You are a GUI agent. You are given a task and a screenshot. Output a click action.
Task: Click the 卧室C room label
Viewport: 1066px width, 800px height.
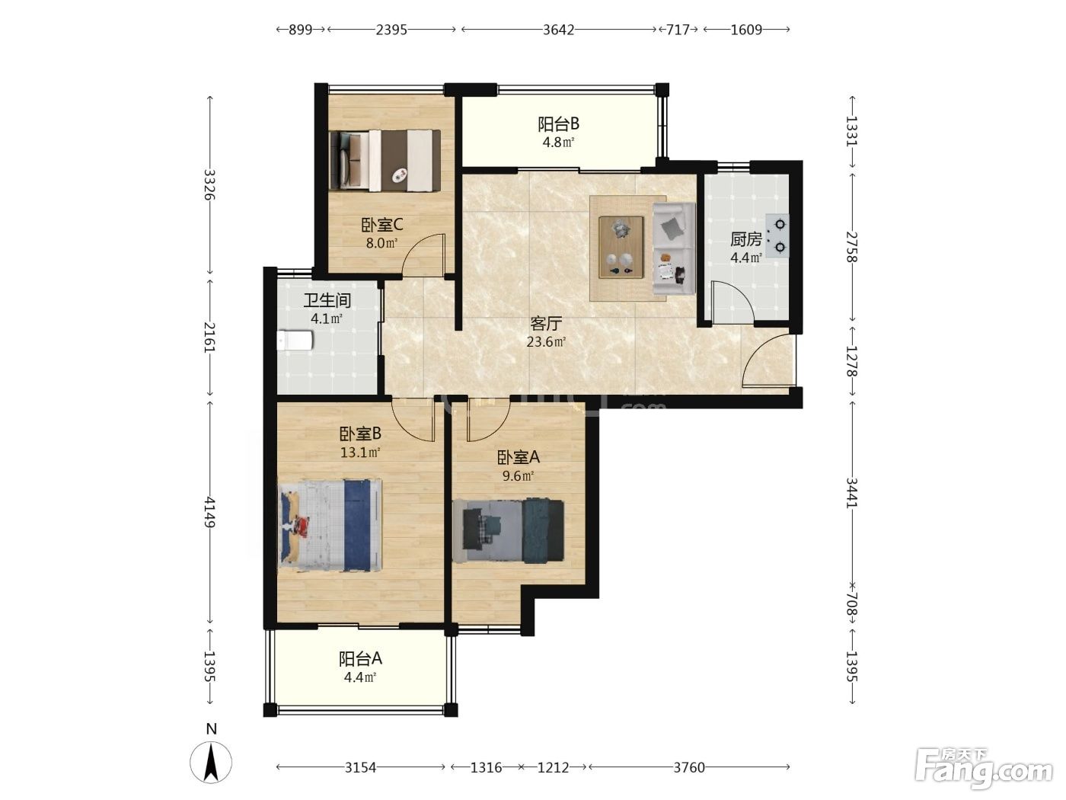coord(381,225)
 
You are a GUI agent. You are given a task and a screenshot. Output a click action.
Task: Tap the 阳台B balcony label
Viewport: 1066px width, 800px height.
coord(558,124)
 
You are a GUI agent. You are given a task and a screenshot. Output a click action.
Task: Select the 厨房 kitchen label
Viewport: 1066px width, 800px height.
coord(746,239)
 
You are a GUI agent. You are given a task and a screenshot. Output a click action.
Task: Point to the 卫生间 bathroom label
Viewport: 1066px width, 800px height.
coord(327,301)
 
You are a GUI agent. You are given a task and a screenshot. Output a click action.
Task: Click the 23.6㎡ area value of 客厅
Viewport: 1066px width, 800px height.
coord(546,342)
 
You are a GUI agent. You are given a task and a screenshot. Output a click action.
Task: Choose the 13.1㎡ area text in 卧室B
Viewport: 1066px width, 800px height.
coord(360,453)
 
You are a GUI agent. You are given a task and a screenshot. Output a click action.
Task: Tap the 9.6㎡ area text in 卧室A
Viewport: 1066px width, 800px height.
coord(519,475)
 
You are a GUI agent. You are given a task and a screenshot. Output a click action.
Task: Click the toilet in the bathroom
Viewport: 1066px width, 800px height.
coord(295,340)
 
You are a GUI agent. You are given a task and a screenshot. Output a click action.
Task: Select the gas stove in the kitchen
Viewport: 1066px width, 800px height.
coord(777,235)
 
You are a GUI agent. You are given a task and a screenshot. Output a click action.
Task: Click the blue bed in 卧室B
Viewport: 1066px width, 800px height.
coord(330,525)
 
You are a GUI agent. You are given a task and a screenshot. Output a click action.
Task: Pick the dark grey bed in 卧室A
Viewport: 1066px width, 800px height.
coord(508,530)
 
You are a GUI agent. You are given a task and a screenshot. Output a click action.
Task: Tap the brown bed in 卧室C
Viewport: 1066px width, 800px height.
coord(385,160)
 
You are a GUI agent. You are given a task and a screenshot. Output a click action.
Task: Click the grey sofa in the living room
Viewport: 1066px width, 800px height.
coord(674,248)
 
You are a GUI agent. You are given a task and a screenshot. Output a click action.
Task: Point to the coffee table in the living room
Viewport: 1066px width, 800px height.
coord(621,248)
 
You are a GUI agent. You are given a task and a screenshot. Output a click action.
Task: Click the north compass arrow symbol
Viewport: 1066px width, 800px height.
coord(211,762)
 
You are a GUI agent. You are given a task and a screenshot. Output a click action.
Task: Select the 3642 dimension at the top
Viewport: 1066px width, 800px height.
coord(558,30)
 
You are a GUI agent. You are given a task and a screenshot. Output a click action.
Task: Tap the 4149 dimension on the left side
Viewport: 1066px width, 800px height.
coord(210,512)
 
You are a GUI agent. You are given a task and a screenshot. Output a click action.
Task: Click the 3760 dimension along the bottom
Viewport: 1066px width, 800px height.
coord(689,767)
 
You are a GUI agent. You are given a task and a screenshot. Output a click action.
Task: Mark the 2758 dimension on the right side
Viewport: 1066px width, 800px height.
coord(852,247)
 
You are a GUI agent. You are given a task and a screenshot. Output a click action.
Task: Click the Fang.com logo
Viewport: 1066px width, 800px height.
coord(984,771)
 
